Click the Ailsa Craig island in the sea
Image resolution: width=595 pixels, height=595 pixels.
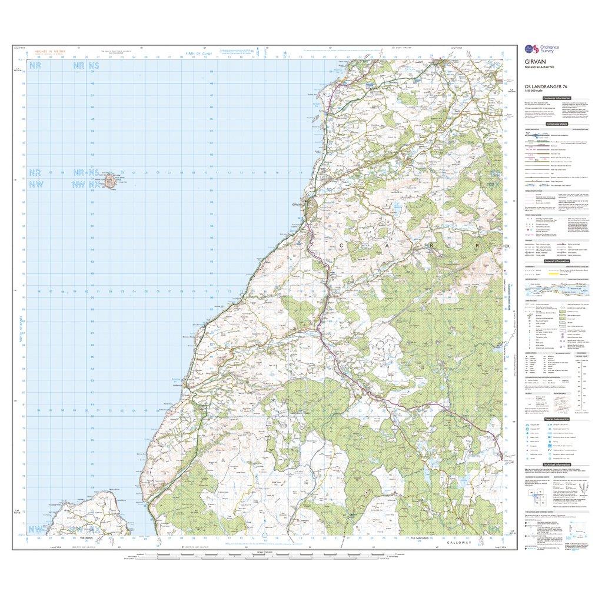click(x=111, y=182)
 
